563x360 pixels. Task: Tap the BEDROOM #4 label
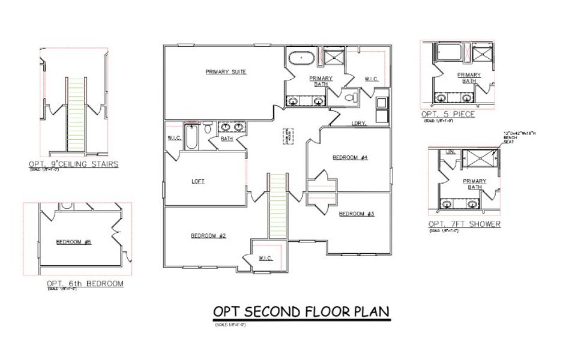[x=350, y=158]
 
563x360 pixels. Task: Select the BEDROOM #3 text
[x=357, y=214]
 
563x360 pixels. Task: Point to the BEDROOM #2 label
[x=208, y=236]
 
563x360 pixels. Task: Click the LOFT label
[x=198, y=181]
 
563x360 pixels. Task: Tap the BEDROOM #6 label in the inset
[x=73, y=242]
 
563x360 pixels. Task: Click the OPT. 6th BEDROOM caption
[x=85, y=283]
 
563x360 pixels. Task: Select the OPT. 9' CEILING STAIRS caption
[x=73, y=164]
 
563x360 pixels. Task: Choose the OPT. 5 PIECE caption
[x=448, y=114]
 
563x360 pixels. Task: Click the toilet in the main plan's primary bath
[x=352, y=97]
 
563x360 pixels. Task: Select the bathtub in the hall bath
[x=193, y=137]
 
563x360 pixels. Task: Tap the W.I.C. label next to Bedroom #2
[x=265, y=258]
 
